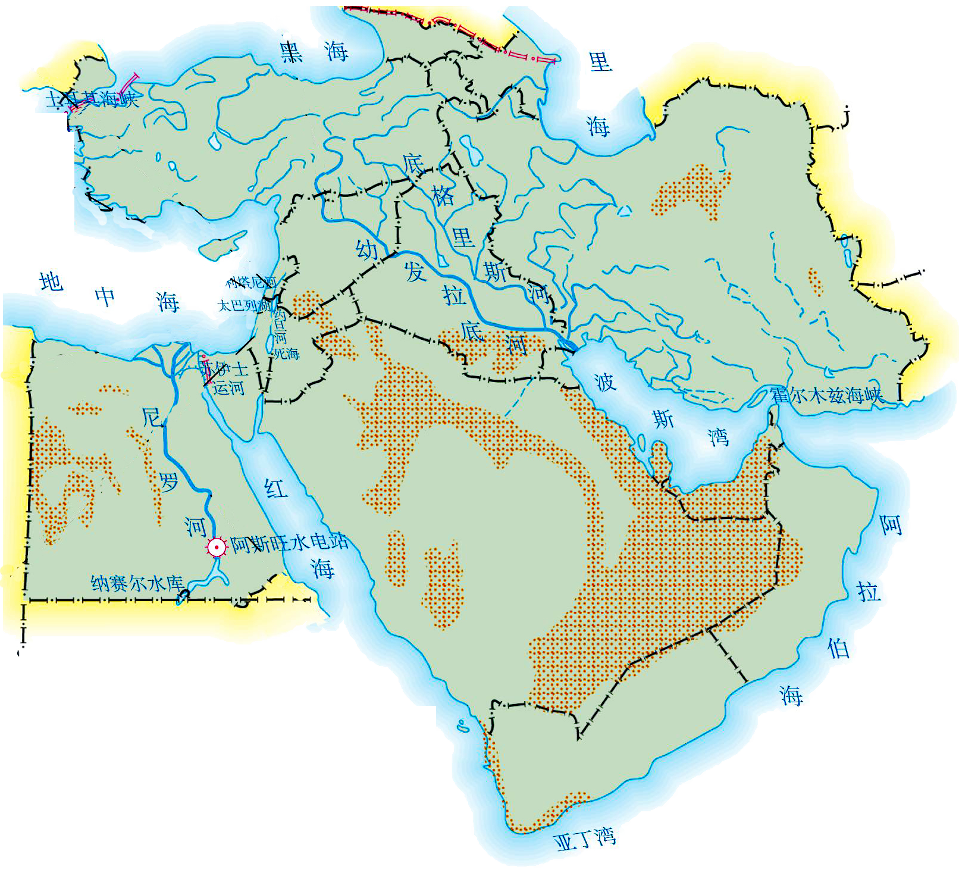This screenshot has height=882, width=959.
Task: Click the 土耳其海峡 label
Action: point(92,99)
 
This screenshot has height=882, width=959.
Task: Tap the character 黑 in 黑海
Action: point(292,52)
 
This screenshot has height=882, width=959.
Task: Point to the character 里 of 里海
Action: point(600,62)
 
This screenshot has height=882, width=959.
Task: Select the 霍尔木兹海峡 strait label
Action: point(826,395)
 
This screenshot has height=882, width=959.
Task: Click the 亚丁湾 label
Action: point(584,839)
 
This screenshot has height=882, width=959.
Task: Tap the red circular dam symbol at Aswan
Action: point(217,547)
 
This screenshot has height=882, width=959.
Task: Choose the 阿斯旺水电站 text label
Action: point(289,543)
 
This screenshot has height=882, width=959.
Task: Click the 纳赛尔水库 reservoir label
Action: point(137,583)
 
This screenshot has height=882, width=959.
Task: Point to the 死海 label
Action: point(287,354)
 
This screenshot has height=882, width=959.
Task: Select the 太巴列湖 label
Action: point(245,306)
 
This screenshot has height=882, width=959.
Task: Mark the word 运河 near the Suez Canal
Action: point(229,389)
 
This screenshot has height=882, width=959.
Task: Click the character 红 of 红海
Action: point(276,489)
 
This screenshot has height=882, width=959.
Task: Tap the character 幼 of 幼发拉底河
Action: point(367,249)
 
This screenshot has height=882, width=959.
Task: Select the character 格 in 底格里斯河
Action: point(443,195)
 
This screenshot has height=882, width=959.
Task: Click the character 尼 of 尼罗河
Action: point(152,417)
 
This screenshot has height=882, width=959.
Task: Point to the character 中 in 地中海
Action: point(105,296)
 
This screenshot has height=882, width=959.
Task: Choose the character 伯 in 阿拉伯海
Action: point(839,648)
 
